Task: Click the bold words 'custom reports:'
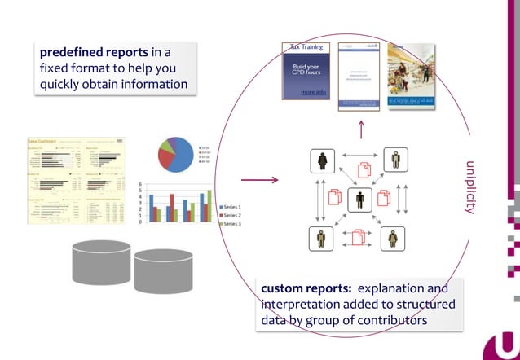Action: [x=306, y=288]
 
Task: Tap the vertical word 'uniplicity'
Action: [x=470, y=187]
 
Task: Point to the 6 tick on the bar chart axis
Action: [x=141, y=185]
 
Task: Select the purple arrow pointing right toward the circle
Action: [x=259, y=180]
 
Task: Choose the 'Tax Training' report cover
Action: [x=306, y=73]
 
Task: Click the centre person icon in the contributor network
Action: [x=359, y=199]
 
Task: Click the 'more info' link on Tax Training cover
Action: [x=313, y=93]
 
